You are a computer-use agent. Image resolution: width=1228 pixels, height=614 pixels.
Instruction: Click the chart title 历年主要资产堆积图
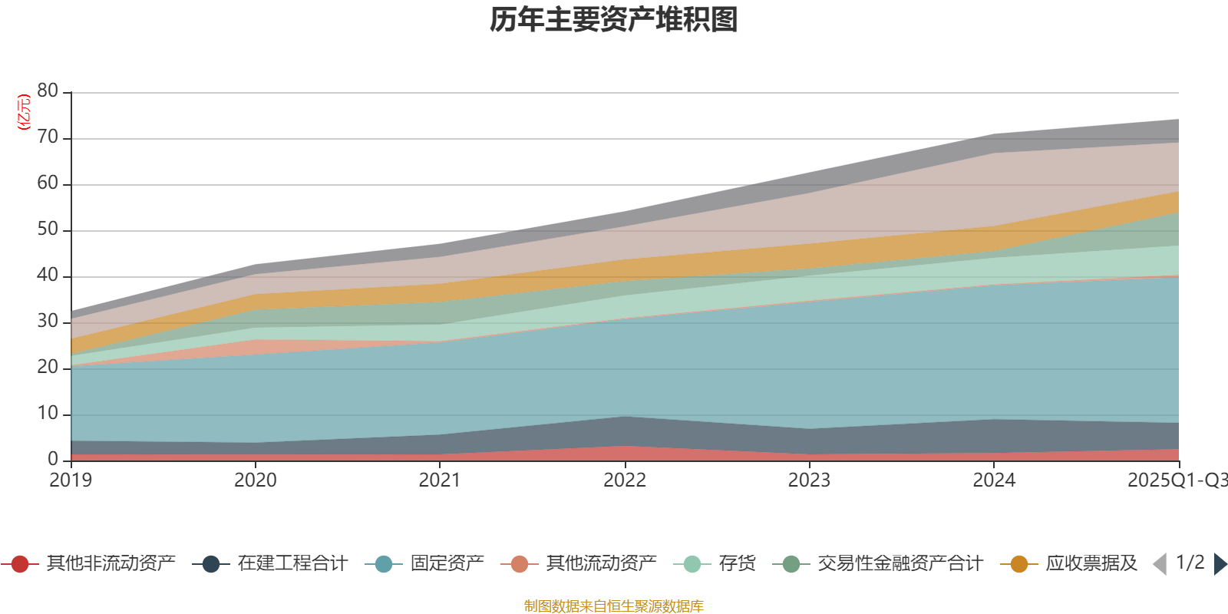coord(614,20)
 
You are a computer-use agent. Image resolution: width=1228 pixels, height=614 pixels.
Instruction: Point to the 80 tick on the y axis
coord(48,91)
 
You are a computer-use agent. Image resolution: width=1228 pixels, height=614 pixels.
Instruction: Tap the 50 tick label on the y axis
coord(48,229)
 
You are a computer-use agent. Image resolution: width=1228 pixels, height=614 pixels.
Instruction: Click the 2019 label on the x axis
coord(71,480)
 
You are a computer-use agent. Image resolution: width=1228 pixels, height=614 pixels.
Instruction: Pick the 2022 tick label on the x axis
coord(625,480)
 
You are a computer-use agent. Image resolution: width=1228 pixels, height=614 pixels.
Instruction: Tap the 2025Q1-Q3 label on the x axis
coord(1177,480)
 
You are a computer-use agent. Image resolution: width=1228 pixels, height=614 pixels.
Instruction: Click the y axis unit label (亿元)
coord(24,112)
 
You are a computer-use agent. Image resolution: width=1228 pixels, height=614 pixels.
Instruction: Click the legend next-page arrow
coord(1220,564)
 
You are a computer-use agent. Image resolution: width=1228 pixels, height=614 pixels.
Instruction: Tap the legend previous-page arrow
coord(1160,564)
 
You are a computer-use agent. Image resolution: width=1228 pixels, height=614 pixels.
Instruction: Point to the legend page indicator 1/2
coord(1190,563)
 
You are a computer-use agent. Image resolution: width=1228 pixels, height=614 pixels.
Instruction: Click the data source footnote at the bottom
coord(614,606)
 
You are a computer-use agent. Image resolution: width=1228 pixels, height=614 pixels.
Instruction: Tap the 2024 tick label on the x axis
coord(994,480)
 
